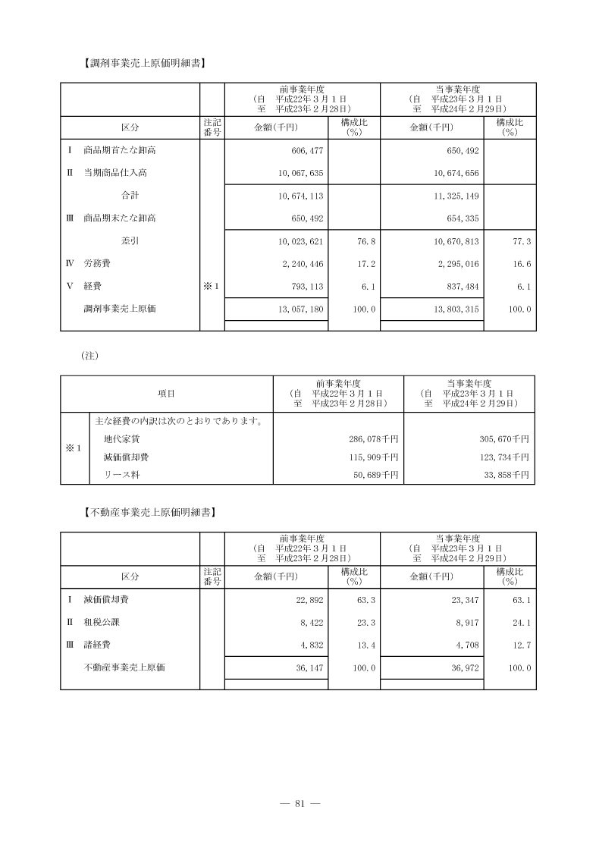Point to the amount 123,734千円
click(503, 457)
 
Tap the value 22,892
click(303, 600)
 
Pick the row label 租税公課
click(102, 623)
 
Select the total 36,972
click(459, 668)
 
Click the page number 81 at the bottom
click(299, 804)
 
